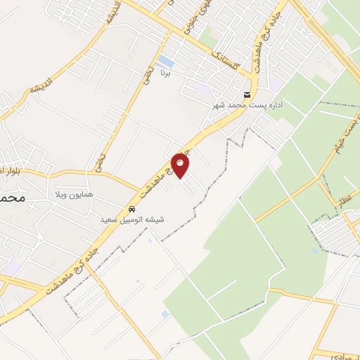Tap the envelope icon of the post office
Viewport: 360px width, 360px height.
247,95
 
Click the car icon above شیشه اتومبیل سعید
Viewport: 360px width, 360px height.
131,210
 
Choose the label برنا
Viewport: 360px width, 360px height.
166,72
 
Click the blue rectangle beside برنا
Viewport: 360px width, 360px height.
166,60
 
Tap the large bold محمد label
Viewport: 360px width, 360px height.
12,199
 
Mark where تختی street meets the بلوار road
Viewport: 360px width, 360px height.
97,172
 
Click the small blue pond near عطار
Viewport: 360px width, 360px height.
314,250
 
